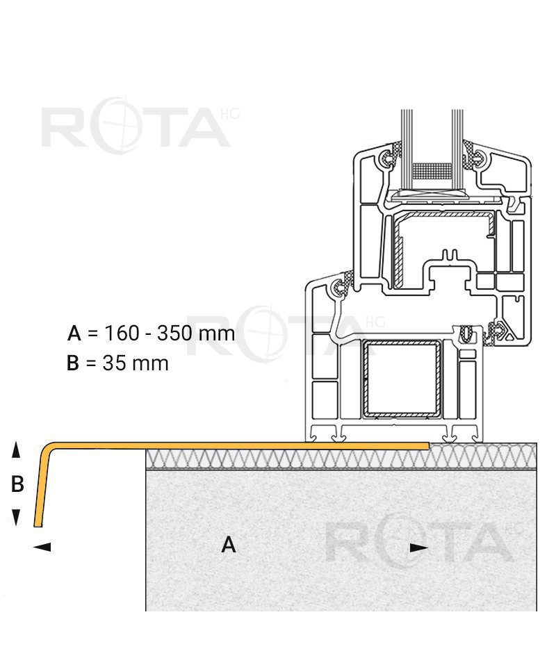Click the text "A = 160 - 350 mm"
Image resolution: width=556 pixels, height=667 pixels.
151,333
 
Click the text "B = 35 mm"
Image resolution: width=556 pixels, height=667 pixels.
117,363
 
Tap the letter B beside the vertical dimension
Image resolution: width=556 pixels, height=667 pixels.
17,484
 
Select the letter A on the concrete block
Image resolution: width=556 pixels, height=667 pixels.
229,545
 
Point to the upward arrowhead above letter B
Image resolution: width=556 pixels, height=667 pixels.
16,450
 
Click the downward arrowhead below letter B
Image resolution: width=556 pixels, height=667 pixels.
16,517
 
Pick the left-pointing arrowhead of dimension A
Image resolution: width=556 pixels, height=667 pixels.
42,547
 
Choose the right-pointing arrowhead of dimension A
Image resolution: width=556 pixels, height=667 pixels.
419,548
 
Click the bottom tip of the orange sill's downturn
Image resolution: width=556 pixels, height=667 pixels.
38,526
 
